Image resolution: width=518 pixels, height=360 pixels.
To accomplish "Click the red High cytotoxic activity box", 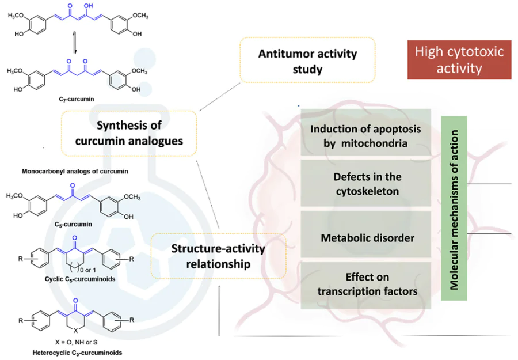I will tap(459, 60).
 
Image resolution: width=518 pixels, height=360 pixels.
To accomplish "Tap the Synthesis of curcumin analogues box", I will tap(129, 133).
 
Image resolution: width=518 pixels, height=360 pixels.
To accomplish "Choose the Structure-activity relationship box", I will tap(218, 256).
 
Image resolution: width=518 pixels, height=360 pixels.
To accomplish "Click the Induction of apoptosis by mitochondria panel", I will tap(365, 135).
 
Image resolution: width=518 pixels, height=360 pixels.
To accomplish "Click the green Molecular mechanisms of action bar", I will tap(454, 208).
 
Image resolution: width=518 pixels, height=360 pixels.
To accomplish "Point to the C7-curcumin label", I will tap(77, 99).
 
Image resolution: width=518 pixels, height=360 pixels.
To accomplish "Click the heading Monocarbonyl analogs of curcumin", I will tap(75, 171).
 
